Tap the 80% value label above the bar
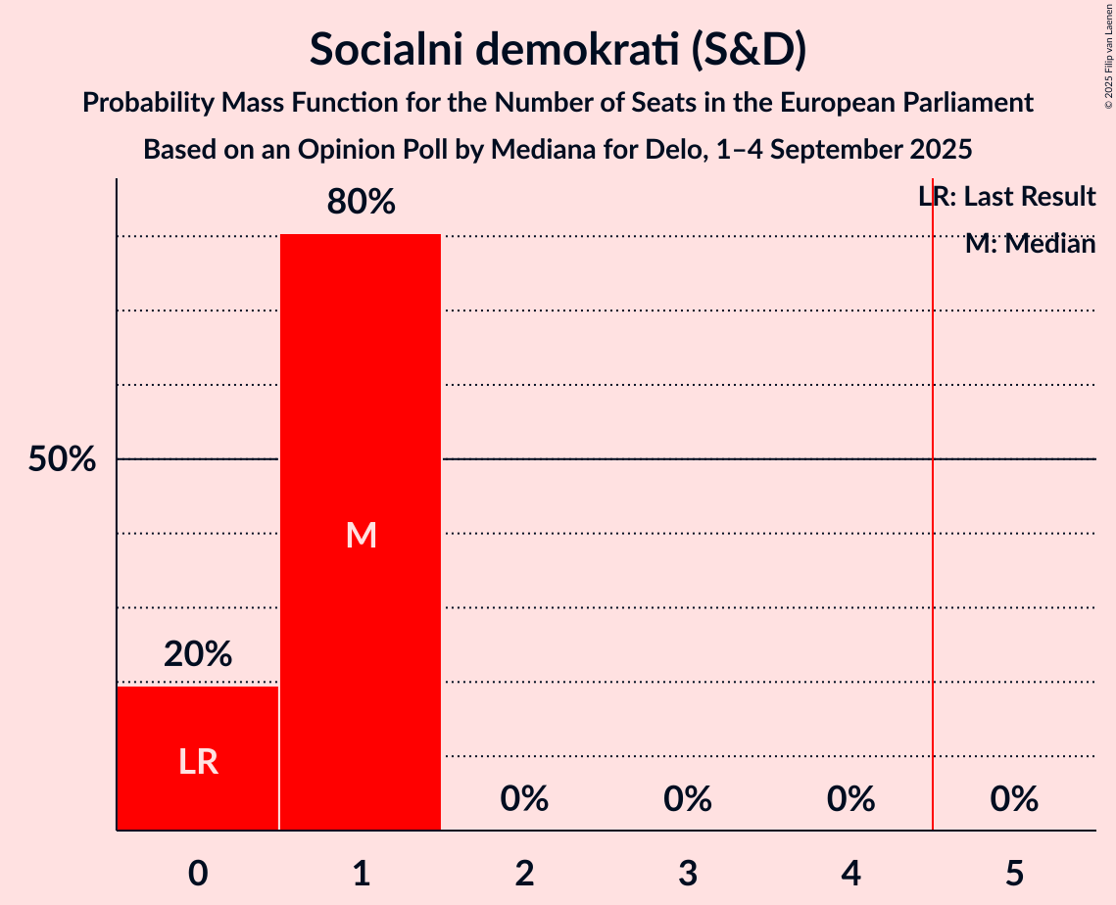click(361, 203)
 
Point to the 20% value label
click(198, 654)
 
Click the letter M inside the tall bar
click(361, 535)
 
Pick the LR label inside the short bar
click(198, 762)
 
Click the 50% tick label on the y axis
click(62, 459)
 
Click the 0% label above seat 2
click(524, 799)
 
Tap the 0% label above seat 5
click(1014, 799)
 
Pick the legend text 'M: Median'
click(1030, 244)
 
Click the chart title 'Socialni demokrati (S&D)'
click(558, 49)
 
